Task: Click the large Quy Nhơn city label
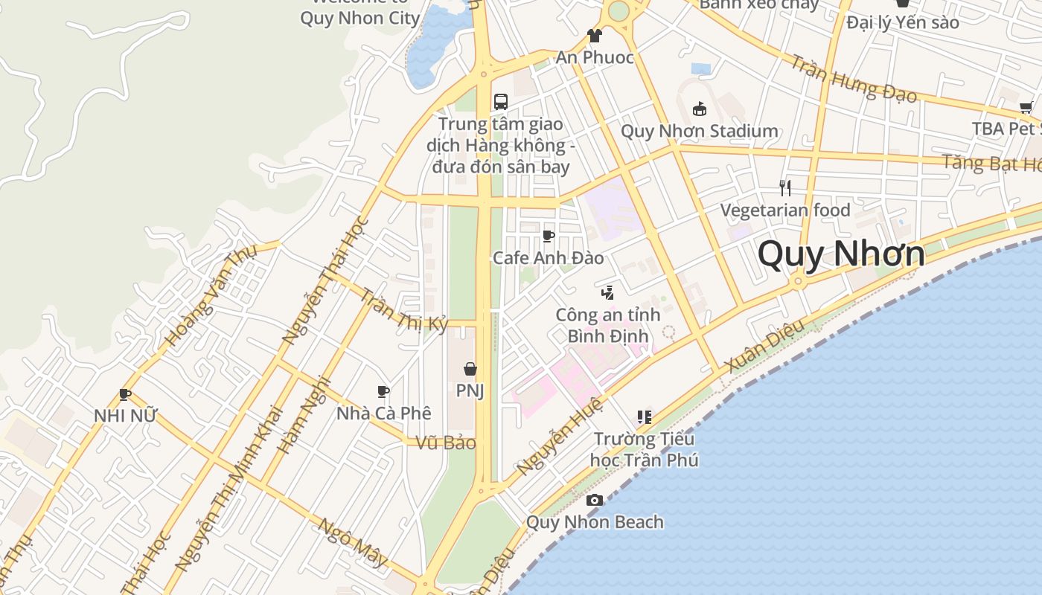(841, 254)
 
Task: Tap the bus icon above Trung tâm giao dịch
(501, 102)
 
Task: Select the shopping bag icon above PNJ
(470, 369)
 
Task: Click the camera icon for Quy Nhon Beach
(594, 500)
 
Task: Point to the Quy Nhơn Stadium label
(699, 132)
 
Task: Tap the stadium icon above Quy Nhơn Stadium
(699, 109)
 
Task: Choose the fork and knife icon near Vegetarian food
(784, 187)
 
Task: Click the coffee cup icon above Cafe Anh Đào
(549, 237)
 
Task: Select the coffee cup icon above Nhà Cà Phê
(383, 391)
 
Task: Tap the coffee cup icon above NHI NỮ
(124, 394)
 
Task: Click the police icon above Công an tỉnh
(608, 292)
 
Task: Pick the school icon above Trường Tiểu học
(644, 417)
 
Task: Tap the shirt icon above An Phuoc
(594, 35)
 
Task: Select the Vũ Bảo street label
(446, 443)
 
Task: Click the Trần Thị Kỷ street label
(404, 310)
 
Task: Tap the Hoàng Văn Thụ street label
(211, 295)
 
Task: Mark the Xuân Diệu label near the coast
(764, 347)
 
